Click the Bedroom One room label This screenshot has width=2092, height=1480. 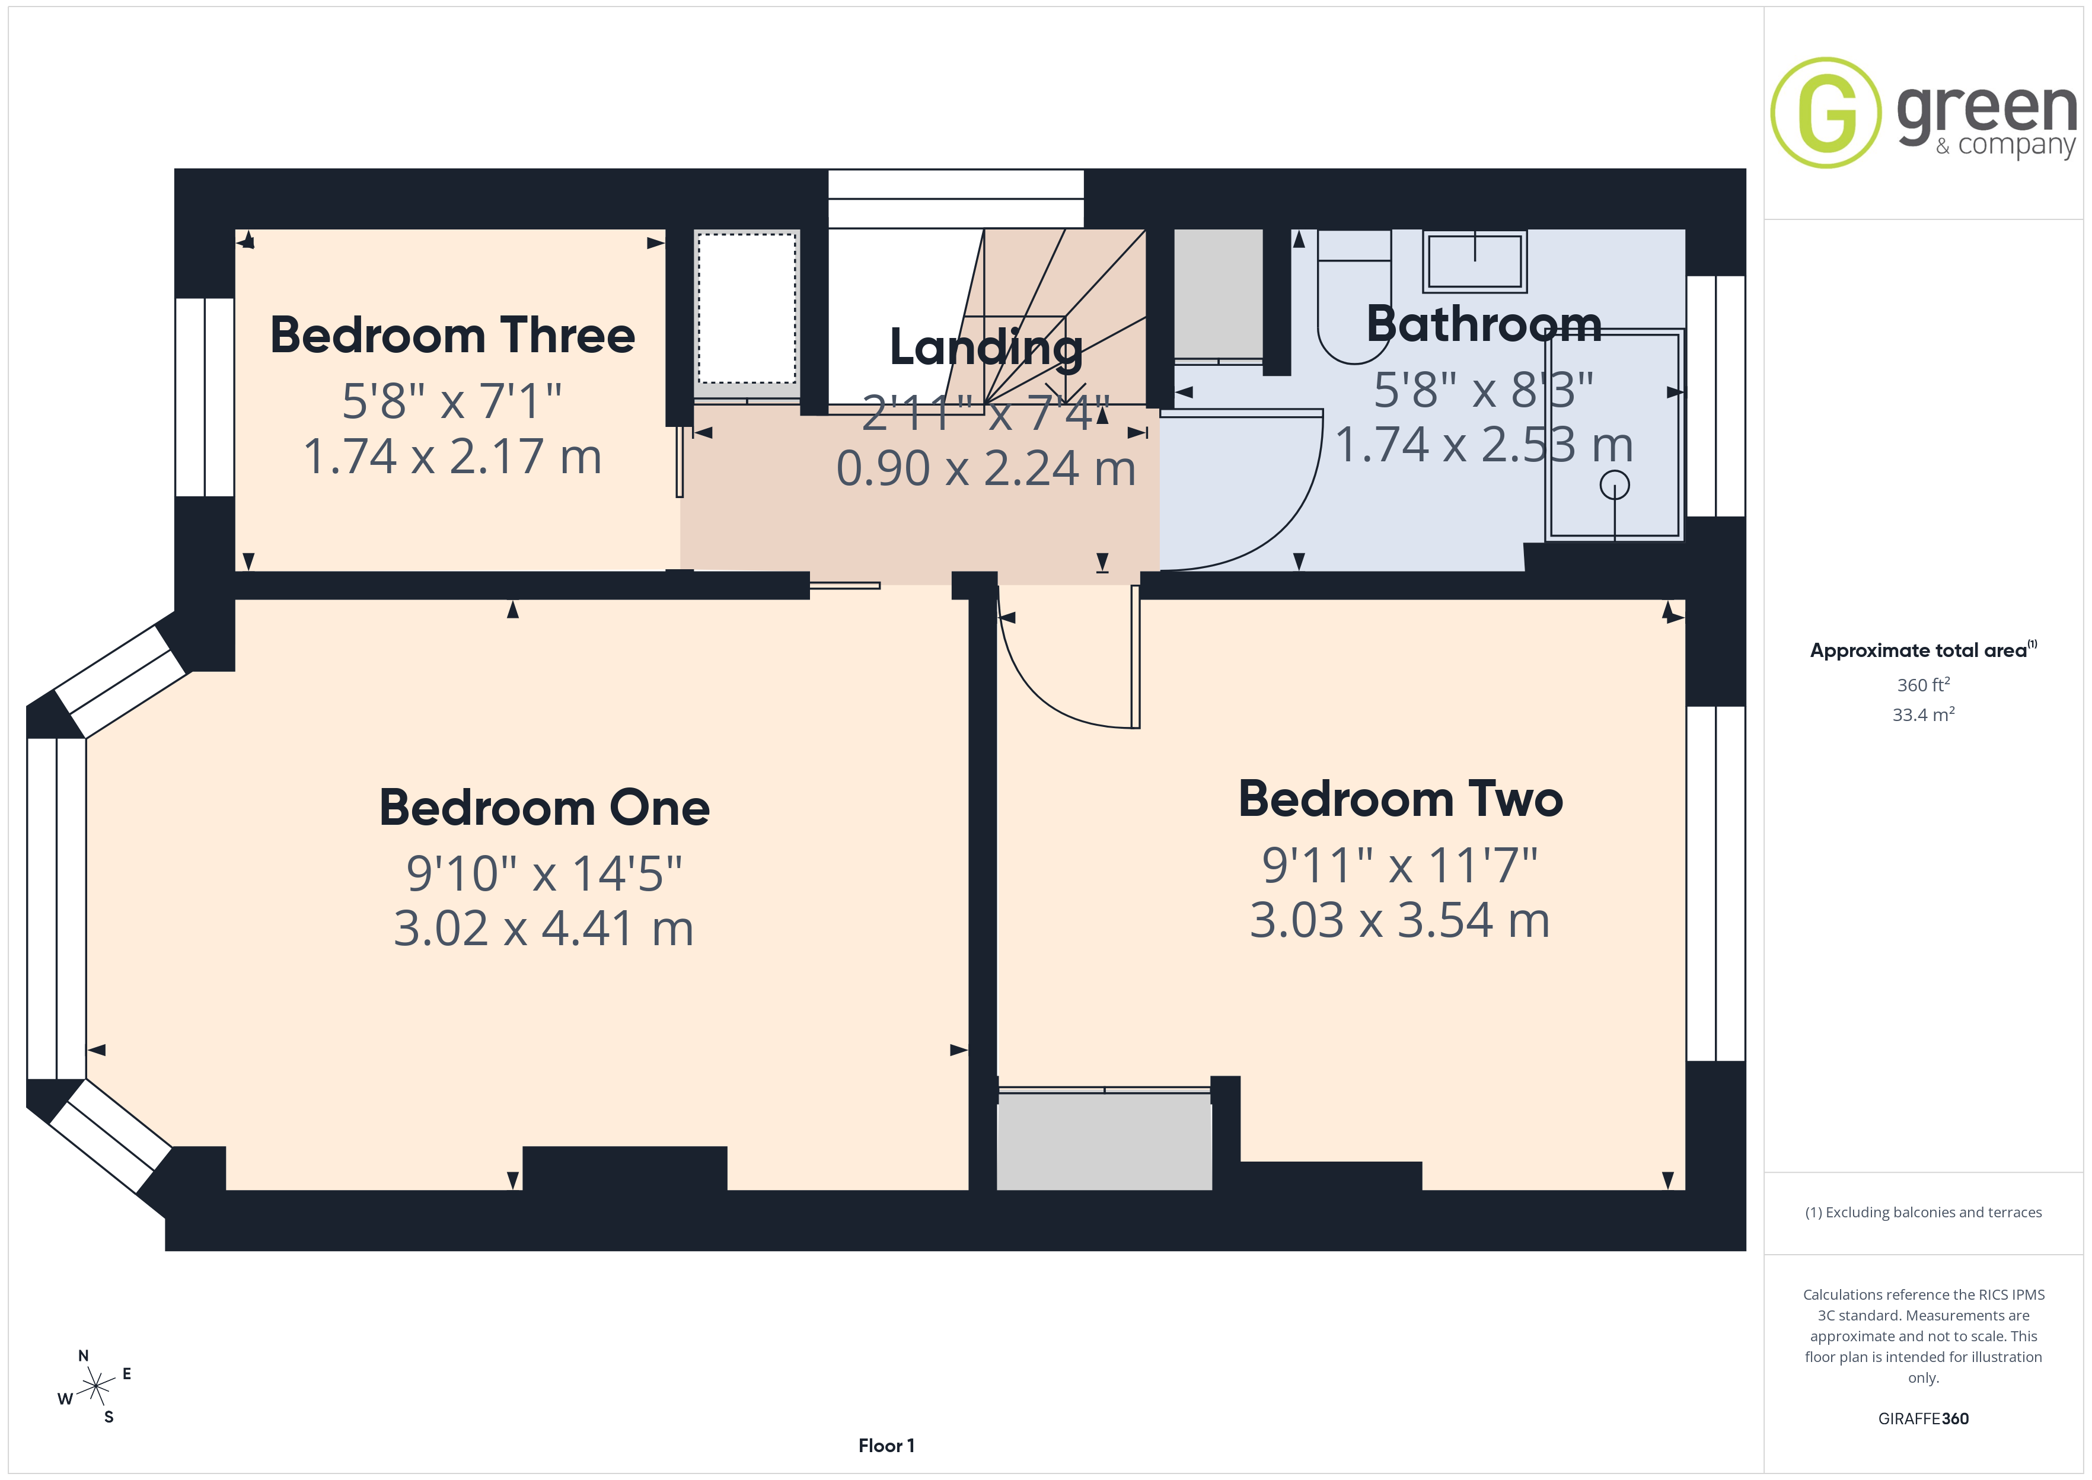point(544,808)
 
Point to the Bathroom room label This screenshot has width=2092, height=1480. point(1484,324)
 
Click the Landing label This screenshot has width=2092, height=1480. point(986,348)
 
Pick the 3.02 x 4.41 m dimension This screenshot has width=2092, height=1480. point(543,929)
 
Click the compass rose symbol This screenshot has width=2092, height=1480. point(95,1387)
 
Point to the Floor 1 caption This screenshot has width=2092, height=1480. point(886,1446)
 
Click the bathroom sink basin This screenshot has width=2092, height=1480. point(1475,261)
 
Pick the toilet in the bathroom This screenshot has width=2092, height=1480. point(1354,296)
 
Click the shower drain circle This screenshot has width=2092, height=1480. point(1615,485)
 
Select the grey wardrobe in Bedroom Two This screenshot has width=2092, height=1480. point(1104,1141)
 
